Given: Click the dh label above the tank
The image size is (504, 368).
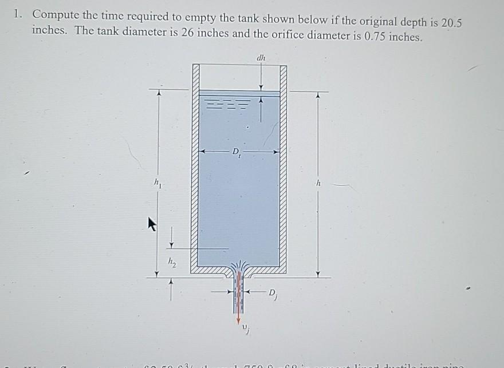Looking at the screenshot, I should pos(261,57).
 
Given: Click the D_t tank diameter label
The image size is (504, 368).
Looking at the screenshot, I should pos(237,153).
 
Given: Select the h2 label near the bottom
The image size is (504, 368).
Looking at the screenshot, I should pos(171,262).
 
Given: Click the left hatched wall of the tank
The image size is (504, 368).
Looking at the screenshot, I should pos(195,166).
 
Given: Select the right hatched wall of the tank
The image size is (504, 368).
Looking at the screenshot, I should pos(283,166).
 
